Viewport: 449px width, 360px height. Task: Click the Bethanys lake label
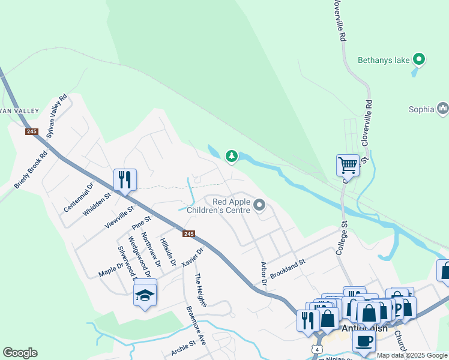tap(385, 59)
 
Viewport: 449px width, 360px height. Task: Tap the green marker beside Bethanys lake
tap(420, 59)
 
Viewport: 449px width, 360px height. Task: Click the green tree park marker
tap(231, 157)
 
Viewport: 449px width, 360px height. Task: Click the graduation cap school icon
tap(145, 295)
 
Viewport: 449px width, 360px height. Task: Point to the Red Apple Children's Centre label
tap(218, 206)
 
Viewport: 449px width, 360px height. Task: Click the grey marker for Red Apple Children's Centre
tap(259, 206)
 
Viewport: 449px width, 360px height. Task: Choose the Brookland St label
tap(288, 267)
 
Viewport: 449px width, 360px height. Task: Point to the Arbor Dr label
tap(263, 272)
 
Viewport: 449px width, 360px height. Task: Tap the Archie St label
tap(182, 348)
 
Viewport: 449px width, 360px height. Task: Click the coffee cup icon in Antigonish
tap(363, 341)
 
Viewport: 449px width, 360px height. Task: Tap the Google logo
tap(20, 353)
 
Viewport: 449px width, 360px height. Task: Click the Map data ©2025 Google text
tap(412, 355)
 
